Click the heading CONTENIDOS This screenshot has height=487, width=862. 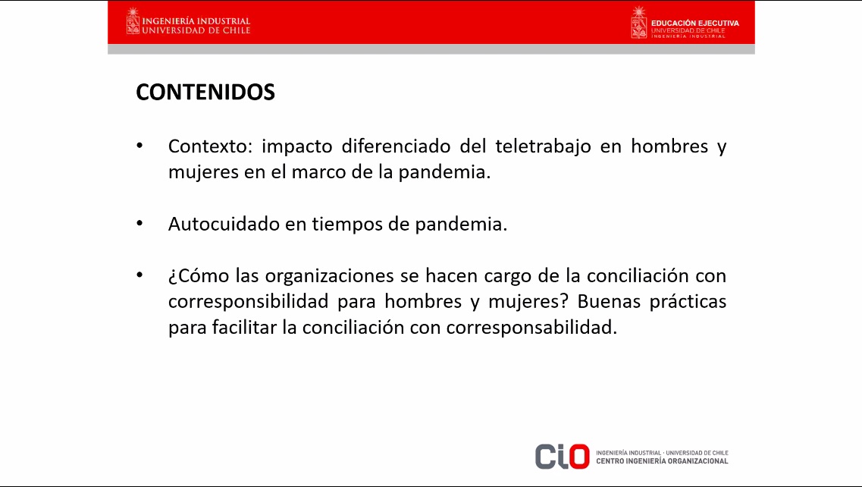[205, 92]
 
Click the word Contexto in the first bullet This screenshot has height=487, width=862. [210, 146]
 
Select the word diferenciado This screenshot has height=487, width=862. [396, 146]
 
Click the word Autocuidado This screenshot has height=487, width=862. [224, 224]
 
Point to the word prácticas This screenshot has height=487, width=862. [688, 302]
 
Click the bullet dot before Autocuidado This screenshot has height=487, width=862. [139, 223]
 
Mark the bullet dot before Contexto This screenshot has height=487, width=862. [139, 146]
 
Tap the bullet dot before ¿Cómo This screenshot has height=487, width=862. [139, 275]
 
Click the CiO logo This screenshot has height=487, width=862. [563, 457]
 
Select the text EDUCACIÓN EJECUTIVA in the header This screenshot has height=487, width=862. [695, 23]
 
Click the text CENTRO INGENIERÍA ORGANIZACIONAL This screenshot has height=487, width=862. [662, 461]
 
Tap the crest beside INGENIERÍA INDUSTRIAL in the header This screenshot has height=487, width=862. [133, 21]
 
